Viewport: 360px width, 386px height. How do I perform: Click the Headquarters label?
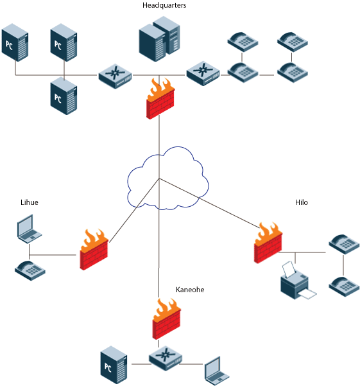coord(164,5)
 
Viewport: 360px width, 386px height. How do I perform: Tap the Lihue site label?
coord(30,202)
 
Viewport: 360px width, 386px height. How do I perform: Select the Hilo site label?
coord(302,202)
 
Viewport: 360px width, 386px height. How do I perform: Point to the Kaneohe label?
coord(190,290)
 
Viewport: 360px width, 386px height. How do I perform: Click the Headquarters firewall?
coord(160,99)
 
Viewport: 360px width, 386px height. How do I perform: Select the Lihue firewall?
coord(94,250)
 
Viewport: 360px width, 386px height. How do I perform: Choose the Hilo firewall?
coord(268,243)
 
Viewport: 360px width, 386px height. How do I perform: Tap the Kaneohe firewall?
coord(167,319)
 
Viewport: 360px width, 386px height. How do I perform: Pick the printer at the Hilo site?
coord(298,281)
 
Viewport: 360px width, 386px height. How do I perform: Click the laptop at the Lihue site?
coord(30,229)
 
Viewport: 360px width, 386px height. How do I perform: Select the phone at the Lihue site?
coord(30,270)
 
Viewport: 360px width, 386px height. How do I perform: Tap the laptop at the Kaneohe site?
coord(217,371)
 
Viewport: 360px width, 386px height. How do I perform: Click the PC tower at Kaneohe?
coord(114,365)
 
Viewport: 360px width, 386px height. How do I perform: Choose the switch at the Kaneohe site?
coord(166,358)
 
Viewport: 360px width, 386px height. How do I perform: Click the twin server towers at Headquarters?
coord(159,39)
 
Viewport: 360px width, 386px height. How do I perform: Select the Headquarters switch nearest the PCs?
coord(115,76)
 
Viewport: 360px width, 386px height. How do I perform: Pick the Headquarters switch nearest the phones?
coord(203,73)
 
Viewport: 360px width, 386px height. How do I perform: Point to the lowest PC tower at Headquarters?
coord(64,96)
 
